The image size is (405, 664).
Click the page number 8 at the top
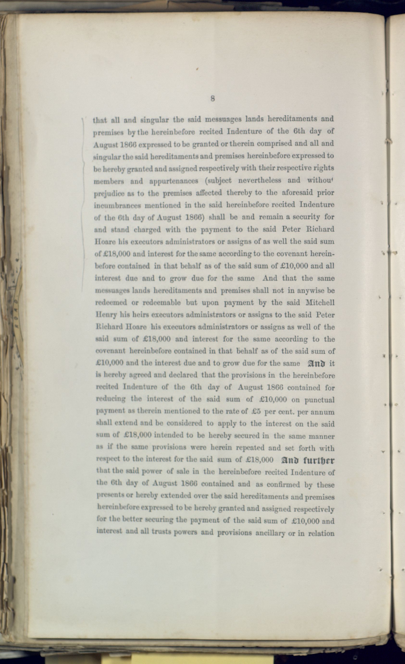click(212, 99)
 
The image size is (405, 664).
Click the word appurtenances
click(174, 181)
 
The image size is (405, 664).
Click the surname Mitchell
click(320, 302)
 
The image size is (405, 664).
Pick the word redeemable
click(162, 303)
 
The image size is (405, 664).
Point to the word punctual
click(319, 399)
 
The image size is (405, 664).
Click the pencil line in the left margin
click(83, 205)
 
